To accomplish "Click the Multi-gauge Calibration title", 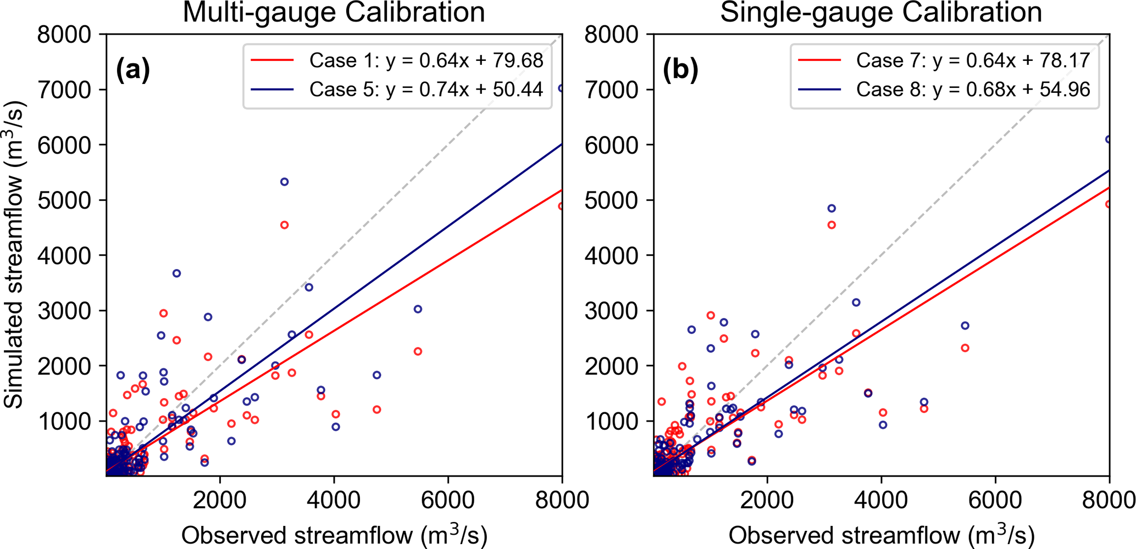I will [334, 12].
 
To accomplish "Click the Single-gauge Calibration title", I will [881, 12].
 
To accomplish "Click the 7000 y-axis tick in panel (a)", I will [64, 89].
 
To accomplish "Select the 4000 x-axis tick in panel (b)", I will [881, 500].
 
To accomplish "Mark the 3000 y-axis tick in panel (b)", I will [611, 311].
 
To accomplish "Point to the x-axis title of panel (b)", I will [882, 535].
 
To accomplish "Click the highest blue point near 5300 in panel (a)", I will [284, 182].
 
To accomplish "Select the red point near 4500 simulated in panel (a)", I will [284, 225].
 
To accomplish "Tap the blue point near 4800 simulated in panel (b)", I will [832, 209].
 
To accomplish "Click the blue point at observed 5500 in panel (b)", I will [965, 326].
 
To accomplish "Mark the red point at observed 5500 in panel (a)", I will [418, 351].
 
